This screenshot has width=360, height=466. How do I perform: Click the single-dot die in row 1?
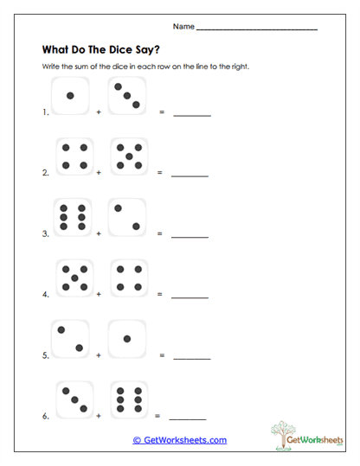pyautogui.click(x=71, y=95)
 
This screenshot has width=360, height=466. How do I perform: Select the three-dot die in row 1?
pyautogui.click(x=128, y=95)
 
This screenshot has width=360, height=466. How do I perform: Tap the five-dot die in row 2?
pyautogui.click(x=129, y=156)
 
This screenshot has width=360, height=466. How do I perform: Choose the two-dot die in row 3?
pyautogui.click(x=127, y=217)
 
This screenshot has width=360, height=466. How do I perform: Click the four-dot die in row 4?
pyautogui.click(x=129, y=278)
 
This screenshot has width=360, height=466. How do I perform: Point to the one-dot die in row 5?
pyautogui.click(x=127, y=338)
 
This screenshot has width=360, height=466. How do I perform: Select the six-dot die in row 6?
pyautogui.click(x=129, y=399)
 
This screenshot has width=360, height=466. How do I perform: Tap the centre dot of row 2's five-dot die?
pyautogui.click(x=129, y=156)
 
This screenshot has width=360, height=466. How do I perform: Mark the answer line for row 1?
pyautogui.click(x=192, y=115)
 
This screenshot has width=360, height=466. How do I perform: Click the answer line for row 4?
pyautogui.click(x=190, y=297)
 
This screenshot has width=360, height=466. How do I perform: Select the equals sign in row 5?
pyautogui.click(x=161, y=354)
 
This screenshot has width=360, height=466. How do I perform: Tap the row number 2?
pyautogui.click(x=44, y=173)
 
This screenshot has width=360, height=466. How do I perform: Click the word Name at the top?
pyautogui.click(x=183, y=27)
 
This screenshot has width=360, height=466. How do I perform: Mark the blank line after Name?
pyautogui.click(x=257, y=29)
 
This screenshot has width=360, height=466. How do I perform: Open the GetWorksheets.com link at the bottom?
pyautogui.click(x=180, y=440)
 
